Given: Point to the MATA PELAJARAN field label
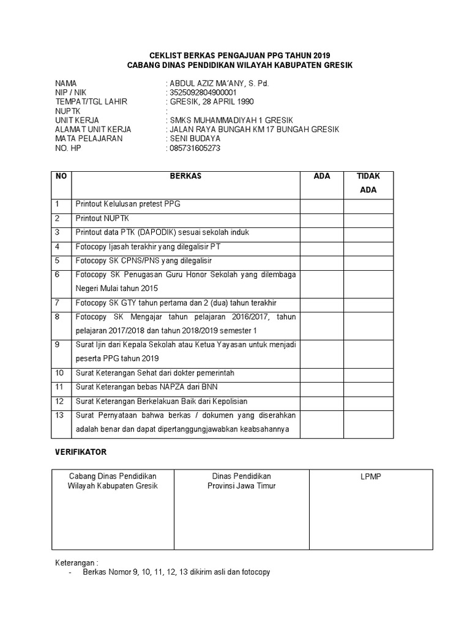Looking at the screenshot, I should coord(89,139).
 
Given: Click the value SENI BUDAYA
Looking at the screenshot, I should coord(196,139).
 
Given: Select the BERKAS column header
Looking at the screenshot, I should coord(186,176).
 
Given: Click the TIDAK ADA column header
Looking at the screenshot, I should coord(368,183).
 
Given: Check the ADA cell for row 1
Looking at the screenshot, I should coord(321,204).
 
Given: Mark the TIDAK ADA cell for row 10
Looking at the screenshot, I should coord(368,372).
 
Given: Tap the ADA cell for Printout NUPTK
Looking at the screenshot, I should coord(321,218).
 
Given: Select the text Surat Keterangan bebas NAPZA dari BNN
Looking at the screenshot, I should coord(146,387).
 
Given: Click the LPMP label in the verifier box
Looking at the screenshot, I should coord(370,477).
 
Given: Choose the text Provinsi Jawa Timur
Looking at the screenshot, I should coord(241,486).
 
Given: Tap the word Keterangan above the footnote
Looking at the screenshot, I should coord(75,562).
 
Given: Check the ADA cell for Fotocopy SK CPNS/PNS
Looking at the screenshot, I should coord(321,260).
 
